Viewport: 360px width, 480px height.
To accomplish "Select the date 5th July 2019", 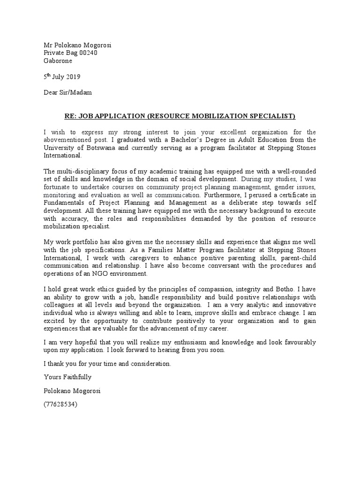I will pos(62,76).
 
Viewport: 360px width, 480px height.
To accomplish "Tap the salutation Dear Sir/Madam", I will pos(67,92).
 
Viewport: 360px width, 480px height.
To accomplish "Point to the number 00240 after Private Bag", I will pos(88,53).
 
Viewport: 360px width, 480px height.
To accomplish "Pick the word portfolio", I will pos(88,242).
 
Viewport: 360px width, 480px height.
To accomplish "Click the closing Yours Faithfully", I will pos(67,376).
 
